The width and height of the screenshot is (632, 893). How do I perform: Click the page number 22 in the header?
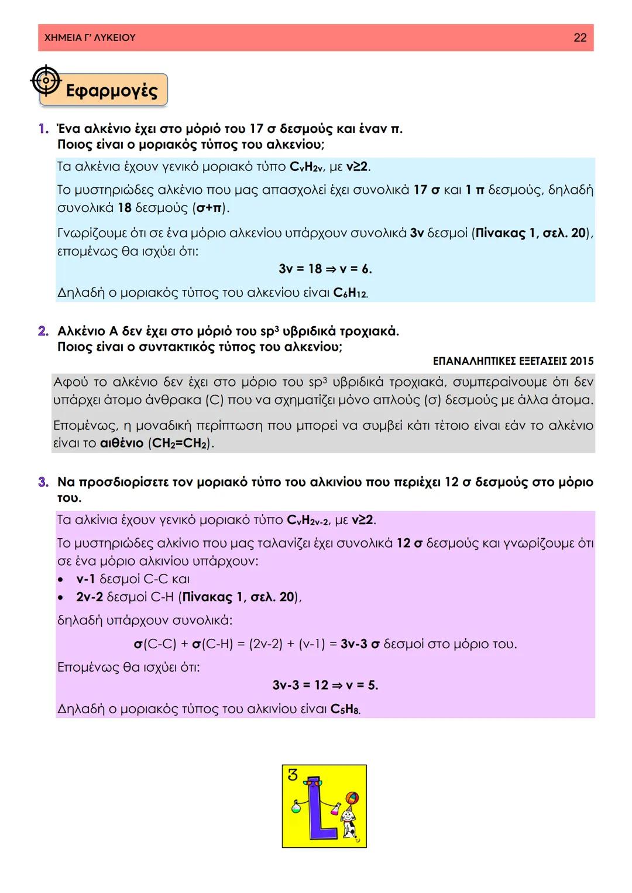click(579, 37)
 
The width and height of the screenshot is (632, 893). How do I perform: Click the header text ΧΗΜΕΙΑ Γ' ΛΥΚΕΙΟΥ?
click(90, 37)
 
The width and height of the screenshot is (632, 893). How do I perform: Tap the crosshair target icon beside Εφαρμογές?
click(46, 81)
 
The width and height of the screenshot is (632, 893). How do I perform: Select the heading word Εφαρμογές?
click(112, 91)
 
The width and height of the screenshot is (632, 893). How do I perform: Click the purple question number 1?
click(43, 129)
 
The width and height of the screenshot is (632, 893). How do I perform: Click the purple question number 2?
click(43, 331)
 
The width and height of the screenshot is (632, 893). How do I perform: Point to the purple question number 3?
click(43, 483)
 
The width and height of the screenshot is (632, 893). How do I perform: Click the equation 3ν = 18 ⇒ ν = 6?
click(325, 269)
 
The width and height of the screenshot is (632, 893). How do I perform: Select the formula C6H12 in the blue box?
click(351, 293)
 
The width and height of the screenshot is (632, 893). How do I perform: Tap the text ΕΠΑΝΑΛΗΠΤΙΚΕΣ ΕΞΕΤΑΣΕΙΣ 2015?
click(513, 361)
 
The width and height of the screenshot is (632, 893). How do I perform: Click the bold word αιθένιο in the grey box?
click(122, 443)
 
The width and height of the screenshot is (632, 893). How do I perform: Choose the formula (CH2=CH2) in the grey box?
click(181, 443)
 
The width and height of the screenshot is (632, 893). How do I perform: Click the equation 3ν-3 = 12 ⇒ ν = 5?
click(325, 685)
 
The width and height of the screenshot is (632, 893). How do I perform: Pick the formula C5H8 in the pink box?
click(345, 709)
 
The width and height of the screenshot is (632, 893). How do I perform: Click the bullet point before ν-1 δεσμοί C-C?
click(61, 580)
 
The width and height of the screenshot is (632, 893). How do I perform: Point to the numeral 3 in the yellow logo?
click(293, 775)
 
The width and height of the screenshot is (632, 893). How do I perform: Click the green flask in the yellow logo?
click(297, 807)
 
